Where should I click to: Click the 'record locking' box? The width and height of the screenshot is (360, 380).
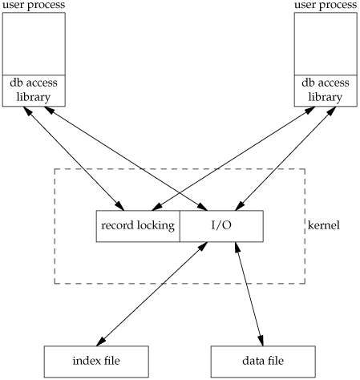[x=138, y=226]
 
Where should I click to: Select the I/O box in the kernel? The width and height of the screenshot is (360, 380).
[x=221, y=226]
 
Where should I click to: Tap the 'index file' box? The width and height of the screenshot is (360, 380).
[x=96, y=362]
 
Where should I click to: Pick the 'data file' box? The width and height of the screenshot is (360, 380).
[x=263, y=362]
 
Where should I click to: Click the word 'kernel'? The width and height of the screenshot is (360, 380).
[x=324, y=225]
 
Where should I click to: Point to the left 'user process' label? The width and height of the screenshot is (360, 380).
[x=34, y=5]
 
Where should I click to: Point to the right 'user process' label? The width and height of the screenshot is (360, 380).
[x=326, y=5]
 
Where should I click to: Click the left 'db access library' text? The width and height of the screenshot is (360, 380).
[x=34, y=90]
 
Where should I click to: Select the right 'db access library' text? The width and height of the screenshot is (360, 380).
[x=326, y=90]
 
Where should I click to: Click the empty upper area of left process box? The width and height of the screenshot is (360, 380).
[x=34, y=44]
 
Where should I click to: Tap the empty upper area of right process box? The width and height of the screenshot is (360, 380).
[x=326, y=44]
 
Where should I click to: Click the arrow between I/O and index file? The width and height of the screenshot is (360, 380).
[x=152, y=294]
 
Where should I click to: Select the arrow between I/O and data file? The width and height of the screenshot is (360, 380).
[x=249, y=294]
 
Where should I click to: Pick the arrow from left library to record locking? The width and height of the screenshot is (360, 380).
[x=74, y=159]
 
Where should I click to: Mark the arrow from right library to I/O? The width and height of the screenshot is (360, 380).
[x=285, y=159]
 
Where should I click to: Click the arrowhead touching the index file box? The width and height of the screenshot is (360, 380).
[x=100, y=342]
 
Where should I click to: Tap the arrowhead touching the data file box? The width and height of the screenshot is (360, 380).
[x=261, y=341]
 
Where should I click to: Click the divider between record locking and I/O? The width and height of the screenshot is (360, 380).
[x=180, y=226]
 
